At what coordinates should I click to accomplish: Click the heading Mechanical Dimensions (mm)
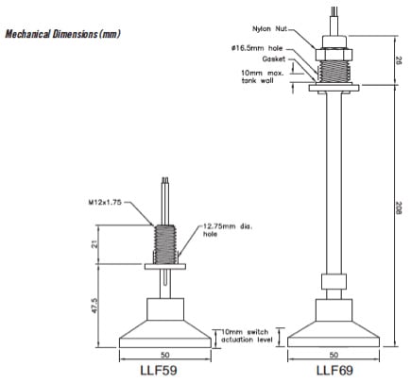pyautogui.click(x=62, y=34)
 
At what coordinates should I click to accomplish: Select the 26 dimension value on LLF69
pyautogui.click(x=396, y=59)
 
